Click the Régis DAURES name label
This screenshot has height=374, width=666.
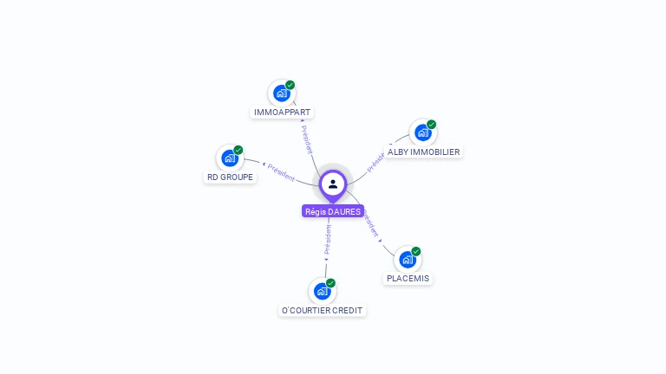click(333, 211)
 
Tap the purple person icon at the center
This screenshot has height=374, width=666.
click(333, 184)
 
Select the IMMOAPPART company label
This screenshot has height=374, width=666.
click(282, 113)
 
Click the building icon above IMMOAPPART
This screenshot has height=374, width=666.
click(281, 93)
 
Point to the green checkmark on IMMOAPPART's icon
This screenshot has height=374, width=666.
click(291, 85)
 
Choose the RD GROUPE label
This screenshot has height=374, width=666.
click(230, 177)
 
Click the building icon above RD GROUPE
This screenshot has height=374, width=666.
click(229, 158)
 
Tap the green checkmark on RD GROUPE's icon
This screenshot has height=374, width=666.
click(238, 150)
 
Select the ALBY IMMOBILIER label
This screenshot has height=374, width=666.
click(423, 152)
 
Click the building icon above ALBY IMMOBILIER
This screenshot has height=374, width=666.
click(422, 132)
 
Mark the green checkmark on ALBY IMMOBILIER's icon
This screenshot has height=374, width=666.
click(432, 125)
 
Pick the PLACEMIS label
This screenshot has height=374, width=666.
click(408, 278)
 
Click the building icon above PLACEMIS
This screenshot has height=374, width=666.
click(407, 259)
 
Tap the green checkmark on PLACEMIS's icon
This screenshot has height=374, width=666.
click(416, 251)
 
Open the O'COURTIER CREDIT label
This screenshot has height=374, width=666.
click(323, 310)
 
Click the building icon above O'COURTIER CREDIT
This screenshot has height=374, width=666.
click(322, 291)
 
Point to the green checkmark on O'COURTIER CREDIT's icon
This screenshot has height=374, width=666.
click(331, 283)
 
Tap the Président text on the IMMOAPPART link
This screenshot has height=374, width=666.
click(306, 139)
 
